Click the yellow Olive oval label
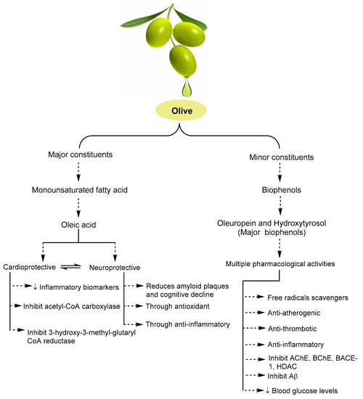point(181,111)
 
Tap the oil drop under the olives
point(187,89)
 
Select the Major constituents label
point(81,155)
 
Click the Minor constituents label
point(282,157)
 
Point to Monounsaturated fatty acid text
point(80,190)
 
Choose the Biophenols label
point(282,190)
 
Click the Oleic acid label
point(78,225)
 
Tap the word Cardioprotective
point(29,267)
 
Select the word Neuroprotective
point(115,268)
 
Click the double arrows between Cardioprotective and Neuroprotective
point(71,267)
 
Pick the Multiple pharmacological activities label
point(280,264)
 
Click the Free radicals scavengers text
point(308,297)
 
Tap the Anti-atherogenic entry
point(294,313)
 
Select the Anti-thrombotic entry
point(292,329)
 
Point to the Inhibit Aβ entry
point(282,376)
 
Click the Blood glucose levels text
point(305,390)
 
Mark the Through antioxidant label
point(178,306)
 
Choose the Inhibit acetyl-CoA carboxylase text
point(72,306)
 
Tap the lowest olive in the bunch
point(183,60)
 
